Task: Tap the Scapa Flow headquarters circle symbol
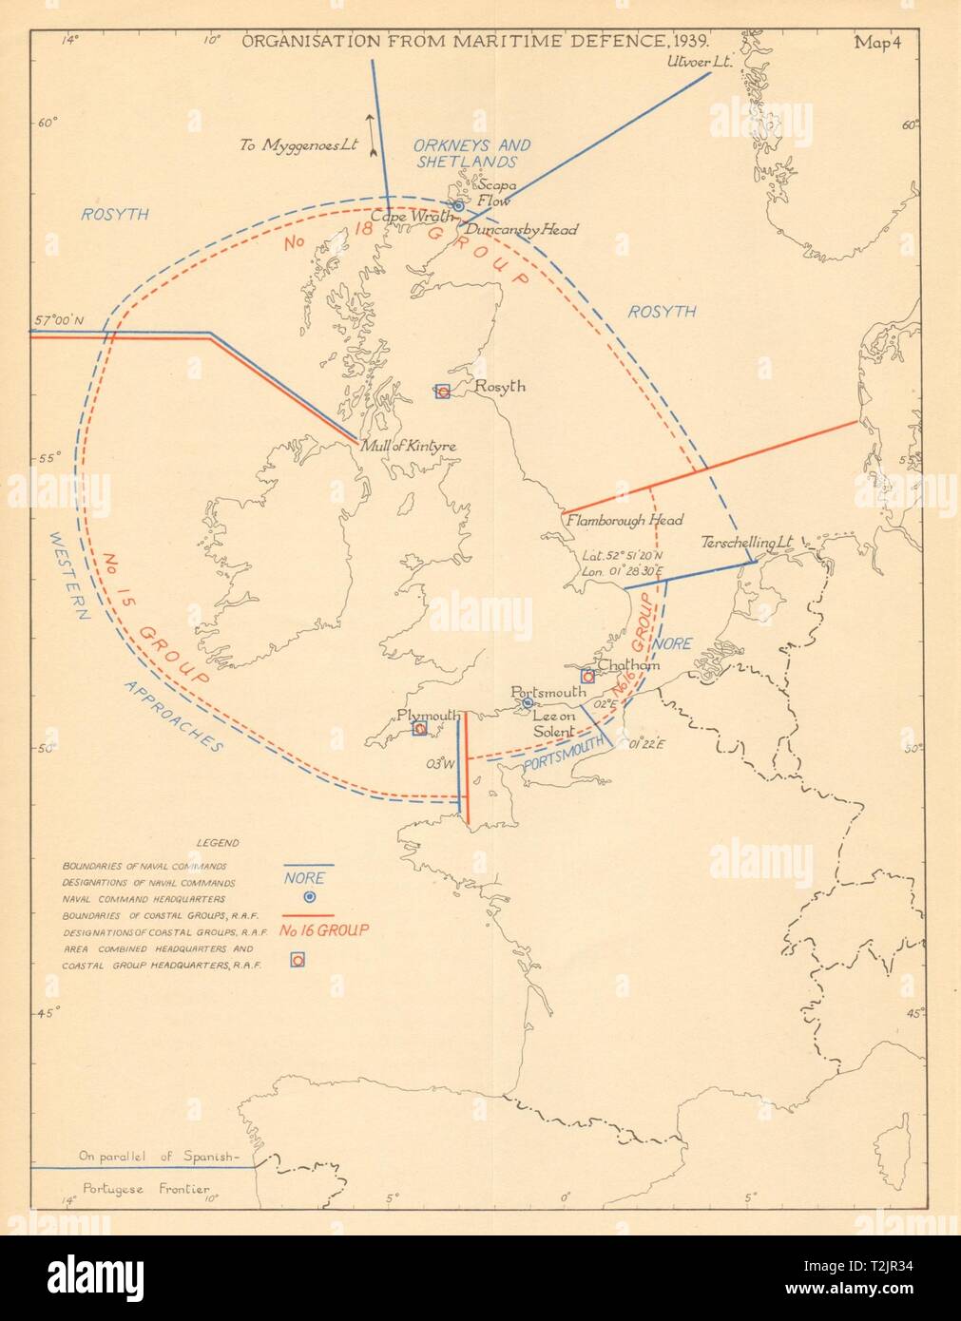(x=457, y=205)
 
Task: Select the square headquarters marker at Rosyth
(x=442, y=391)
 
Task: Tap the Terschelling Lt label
(x=746, y=543)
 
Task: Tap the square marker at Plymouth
(x=418, y=729)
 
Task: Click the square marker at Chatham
(x=587, y=677)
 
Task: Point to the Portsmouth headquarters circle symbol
(x=528, y=703)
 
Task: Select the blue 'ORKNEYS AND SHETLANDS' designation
(x=471, y=153)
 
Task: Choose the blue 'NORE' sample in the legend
(x=305, y=878)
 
